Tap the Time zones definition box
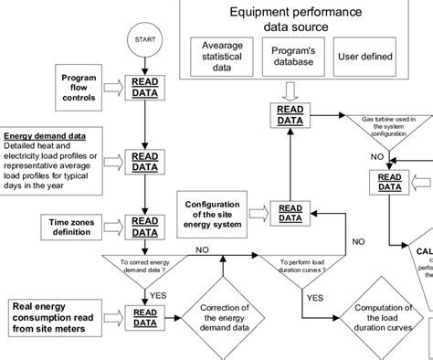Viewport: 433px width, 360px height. [78, 227]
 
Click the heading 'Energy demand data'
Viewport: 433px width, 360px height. [45, 136]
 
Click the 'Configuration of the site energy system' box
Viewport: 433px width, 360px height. [213, 216]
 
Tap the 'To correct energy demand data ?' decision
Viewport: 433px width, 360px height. [144, 265]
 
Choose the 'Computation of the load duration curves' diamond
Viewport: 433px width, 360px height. [384, 320]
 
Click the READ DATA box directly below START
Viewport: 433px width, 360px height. [144, 87]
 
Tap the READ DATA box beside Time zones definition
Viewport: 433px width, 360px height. [144, 226]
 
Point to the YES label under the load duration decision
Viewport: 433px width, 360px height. [314, 297]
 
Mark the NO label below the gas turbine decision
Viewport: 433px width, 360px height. [375, 155]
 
